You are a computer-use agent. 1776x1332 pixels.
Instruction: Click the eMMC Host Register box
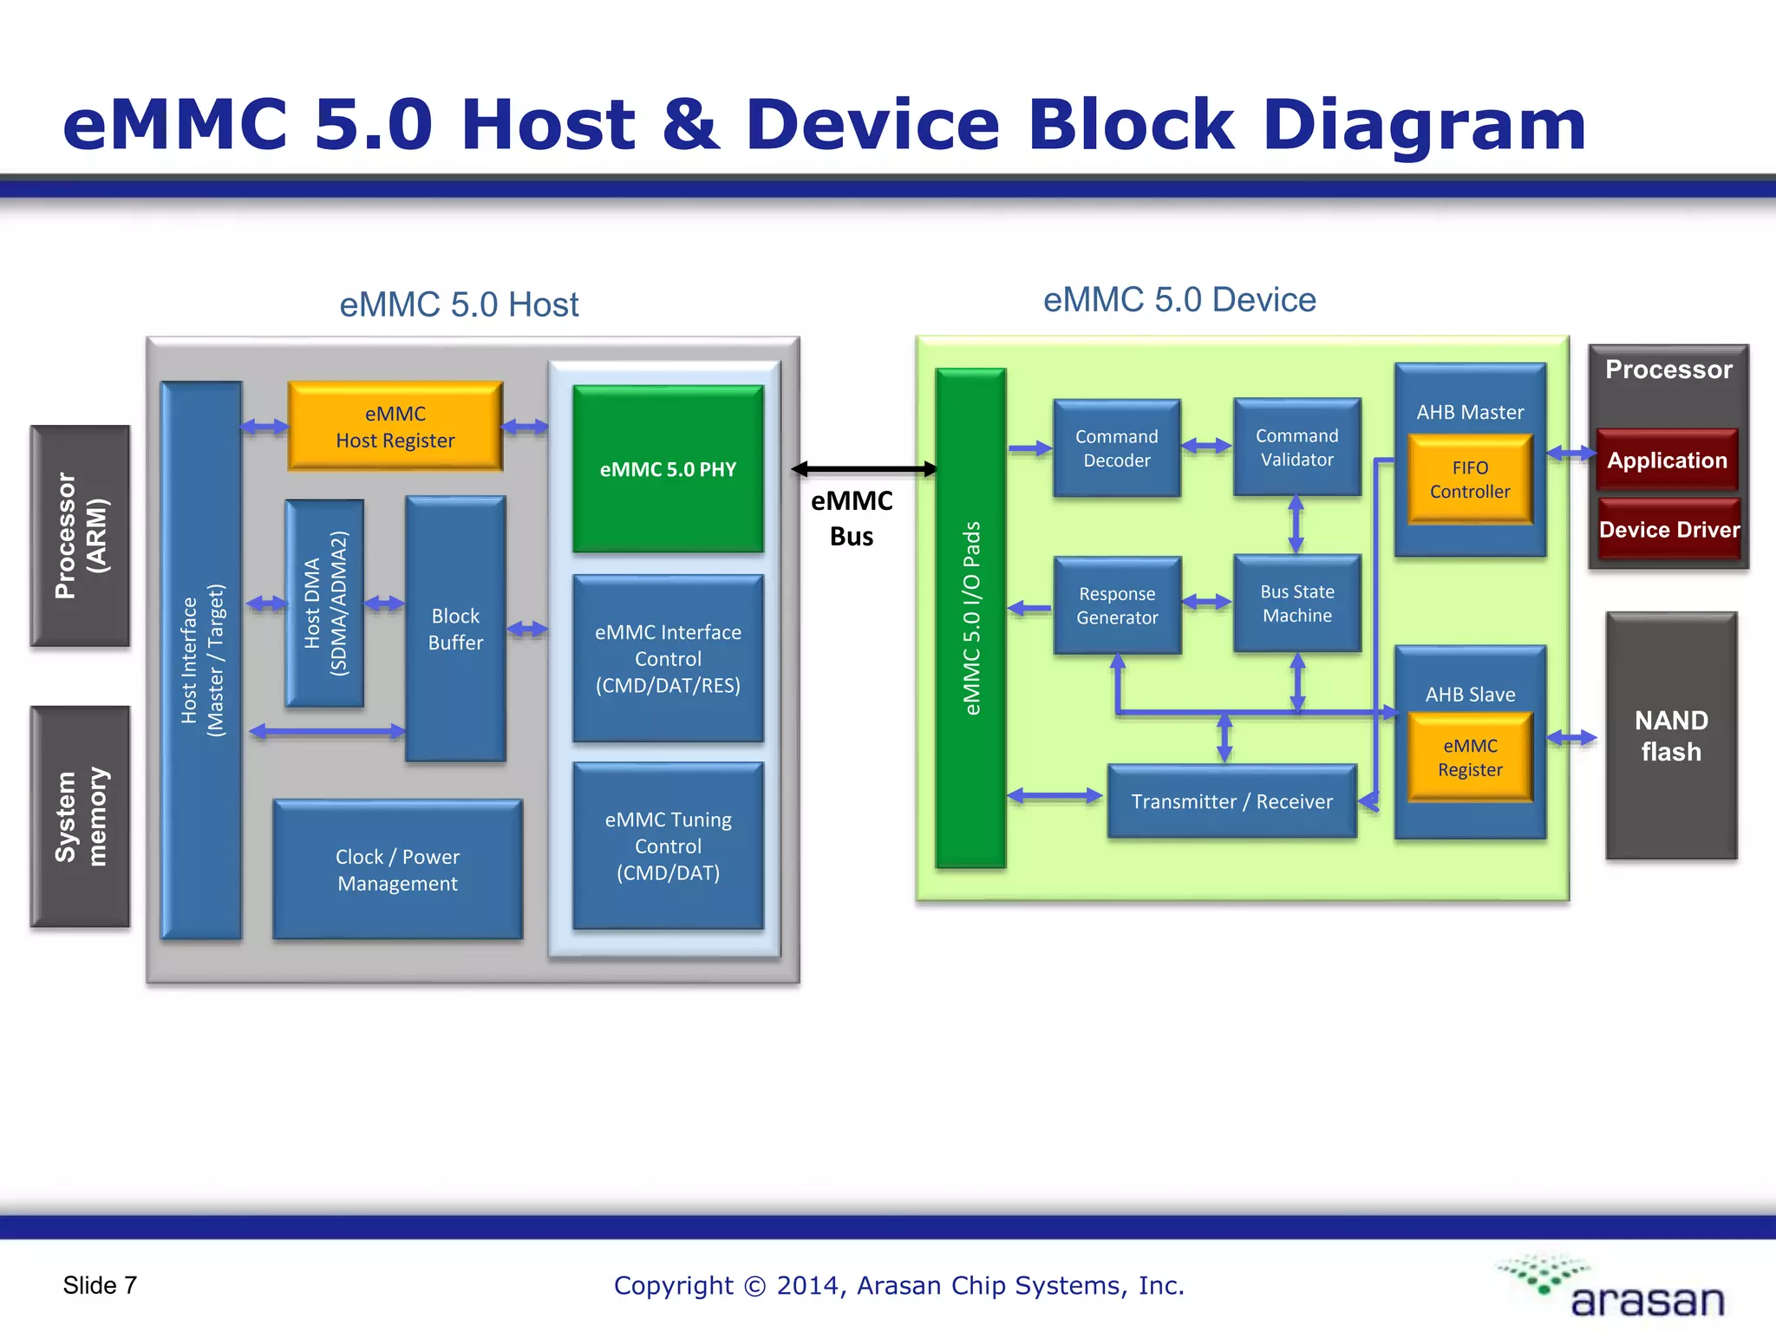pyautogui.click(x=395, y=427)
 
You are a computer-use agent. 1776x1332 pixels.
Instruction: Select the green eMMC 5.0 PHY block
pyautogui.click(x=668, y=468)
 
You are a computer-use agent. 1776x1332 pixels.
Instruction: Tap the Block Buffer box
pyautogui.click(x=455, y=629)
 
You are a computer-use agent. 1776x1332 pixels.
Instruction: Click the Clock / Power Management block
pyautogui.click(x=397, y=869)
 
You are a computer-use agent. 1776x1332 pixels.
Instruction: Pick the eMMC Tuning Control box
pyautogui.click(x=668, y=846)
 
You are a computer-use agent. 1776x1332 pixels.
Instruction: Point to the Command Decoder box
pyautogui.click(x=1116, y=448)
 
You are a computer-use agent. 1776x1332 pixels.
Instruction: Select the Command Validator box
pyautogui.click(x=1296, y=447)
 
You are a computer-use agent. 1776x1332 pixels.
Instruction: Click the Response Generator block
pyautogui.click(x=1117, y=605)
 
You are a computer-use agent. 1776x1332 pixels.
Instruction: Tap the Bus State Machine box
pyautogui.click(x=1296, y=604)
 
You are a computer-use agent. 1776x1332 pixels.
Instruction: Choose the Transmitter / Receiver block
pyautogui.click(x=1231, y=801)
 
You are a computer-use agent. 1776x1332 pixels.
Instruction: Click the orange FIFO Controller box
pyautogui.click(x=1470, y=480)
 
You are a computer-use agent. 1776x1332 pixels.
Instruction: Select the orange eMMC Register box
pyautogui.click(x=1470, y=757)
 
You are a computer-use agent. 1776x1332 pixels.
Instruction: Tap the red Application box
pyautogui.click(x=1667, y=460)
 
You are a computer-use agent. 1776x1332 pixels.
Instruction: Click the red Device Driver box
pyautogui.click(x=1669, y=529)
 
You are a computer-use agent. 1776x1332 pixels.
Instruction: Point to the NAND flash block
pyautogui.click(x=1671, y=735)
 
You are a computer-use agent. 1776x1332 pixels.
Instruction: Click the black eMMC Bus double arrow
pyautogui.click(x=864, y=469)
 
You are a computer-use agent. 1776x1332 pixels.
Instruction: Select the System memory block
pyautogui.click(x=80, y=816)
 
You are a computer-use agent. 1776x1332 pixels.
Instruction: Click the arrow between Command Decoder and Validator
pyautogui.click(x=1206, y=446)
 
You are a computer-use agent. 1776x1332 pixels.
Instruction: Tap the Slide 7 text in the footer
pyautogui.click(x=100, y=1285)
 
